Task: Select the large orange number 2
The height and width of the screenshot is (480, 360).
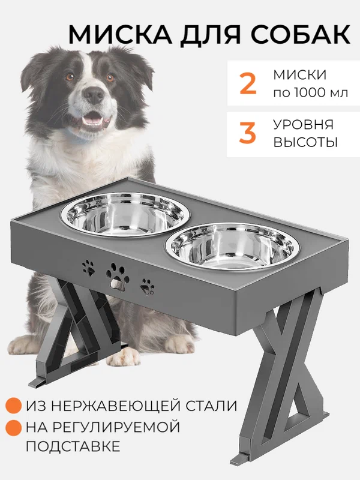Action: (247, 83)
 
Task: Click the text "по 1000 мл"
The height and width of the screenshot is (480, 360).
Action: (310, 93)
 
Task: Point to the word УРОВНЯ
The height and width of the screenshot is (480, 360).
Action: (304, 124)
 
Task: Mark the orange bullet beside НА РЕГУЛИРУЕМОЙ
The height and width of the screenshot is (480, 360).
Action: (13, 427)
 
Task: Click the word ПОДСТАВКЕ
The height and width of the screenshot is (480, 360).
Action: (73, 446)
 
